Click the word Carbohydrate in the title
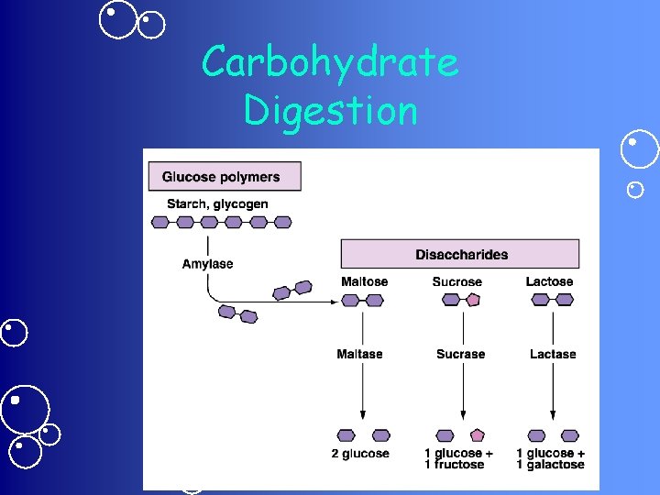[329, 63]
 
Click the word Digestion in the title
[330, 111]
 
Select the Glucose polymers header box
[221, 177]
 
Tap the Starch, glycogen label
[217, 203]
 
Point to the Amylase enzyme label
[207, 264]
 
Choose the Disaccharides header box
[460, 254]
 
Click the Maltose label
[364, 281]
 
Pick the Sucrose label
[456, 281]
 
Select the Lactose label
[549, 281]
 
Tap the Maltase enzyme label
[359, 354]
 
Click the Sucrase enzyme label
[460, 354]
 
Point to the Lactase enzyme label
[553, 354]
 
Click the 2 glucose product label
[360, 454]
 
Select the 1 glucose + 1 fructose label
[458, 458]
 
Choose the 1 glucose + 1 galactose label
[550, 458]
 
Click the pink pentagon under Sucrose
[473, 299]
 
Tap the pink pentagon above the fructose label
[477, 435]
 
